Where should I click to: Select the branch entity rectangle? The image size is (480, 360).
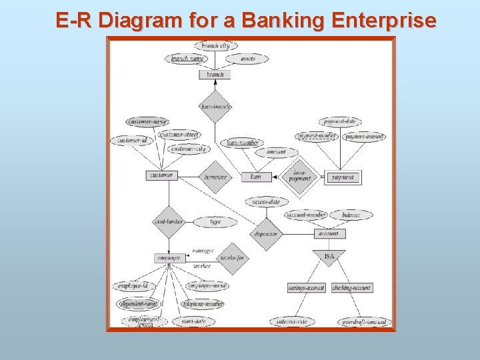(x=215, y=75)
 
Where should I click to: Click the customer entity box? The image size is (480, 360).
(x=161, y=175)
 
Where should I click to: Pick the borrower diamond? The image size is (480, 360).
(x=215, y=177)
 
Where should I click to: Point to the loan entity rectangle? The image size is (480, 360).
(x=256, y=177)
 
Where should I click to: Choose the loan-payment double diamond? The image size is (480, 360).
(x=300, y=177)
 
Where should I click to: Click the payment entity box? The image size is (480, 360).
(x=343, y=177)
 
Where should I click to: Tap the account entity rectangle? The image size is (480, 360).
(x=329, y=234)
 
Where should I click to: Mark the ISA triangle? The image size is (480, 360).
(x=329, y=257)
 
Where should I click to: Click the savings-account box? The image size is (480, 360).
(x=307, y=288)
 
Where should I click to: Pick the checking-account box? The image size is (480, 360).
(x=351, y=288)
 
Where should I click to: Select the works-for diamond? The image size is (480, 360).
(x=233, y=258)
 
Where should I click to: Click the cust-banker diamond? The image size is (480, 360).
(x=168, y=221)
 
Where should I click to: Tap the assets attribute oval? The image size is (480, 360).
(x=247, y=59)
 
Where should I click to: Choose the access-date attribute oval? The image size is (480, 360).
(x=266, y=201)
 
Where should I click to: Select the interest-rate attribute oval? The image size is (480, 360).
(x=292, y=322)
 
